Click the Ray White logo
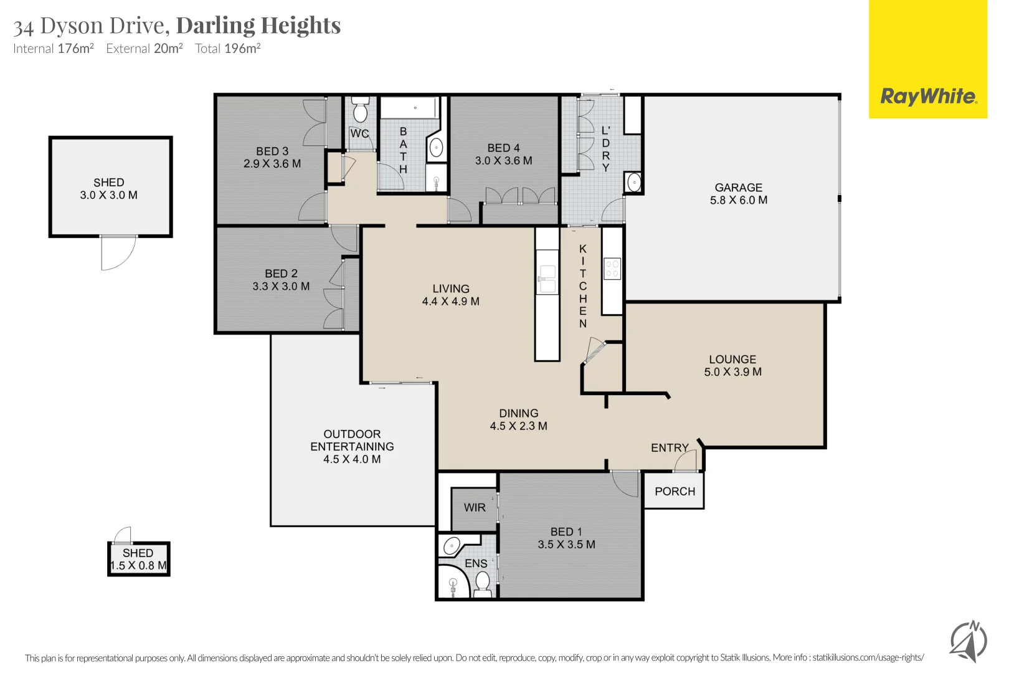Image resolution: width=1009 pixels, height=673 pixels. point(928,96)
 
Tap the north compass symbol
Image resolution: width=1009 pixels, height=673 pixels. point(968,641)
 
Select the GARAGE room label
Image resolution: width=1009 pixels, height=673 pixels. point(738,188)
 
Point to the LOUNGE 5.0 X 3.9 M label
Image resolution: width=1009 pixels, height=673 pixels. point(732,366)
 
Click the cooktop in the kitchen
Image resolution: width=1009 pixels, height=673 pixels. point(612,269)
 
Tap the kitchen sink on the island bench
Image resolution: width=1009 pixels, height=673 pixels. point(547,279)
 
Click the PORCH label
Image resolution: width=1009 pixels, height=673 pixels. point(675,491)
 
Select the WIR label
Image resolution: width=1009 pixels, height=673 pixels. point(474,507)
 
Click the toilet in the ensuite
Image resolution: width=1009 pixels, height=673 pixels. point(482,583)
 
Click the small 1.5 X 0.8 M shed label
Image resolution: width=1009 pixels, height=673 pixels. point(138,560)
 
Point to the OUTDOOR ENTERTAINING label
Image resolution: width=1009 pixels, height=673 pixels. point(352,446)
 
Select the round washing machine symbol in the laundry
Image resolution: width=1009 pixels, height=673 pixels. point(633,183)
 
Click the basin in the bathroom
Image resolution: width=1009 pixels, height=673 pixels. point(436,148)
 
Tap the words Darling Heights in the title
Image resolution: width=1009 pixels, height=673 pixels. point(258,26)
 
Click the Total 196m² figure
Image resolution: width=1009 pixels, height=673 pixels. point(227,49)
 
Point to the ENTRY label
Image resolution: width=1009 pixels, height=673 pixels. point(670,448)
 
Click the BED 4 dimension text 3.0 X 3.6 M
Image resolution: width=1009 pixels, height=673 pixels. point(503,161)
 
